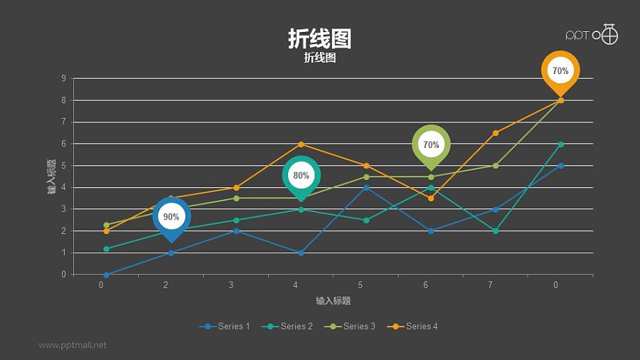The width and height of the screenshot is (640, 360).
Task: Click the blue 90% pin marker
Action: [171, 217]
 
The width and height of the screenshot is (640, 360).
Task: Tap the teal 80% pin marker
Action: [301, 176]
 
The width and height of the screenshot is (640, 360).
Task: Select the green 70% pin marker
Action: [431, 145]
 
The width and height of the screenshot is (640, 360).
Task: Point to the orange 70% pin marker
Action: [560, 71]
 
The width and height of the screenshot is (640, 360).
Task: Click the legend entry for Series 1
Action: [225, 327]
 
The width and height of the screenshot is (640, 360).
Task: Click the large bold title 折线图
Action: [319, 38]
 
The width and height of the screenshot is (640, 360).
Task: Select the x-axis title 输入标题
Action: [334, 301]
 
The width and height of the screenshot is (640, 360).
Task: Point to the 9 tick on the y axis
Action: [64, 79]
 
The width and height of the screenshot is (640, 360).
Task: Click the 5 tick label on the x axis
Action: [361, 285]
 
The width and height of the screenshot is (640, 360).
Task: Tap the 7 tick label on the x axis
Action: [490, 285]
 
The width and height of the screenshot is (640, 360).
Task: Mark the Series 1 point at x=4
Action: [302, 253]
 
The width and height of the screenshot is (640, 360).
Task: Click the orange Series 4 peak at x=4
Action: [302, 144]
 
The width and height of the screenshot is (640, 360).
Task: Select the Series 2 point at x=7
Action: [496, 231]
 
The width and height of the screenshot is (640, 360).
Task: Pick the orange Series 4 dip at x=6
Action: [431, 198]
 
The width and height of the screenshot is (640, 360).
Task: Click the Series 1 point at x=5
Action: [366, 188]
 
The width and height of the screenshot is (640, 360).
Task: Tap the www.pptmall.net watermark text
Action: [73, 345]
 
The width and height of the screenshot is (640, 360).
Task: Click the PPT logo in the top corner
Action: [592, 34]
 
